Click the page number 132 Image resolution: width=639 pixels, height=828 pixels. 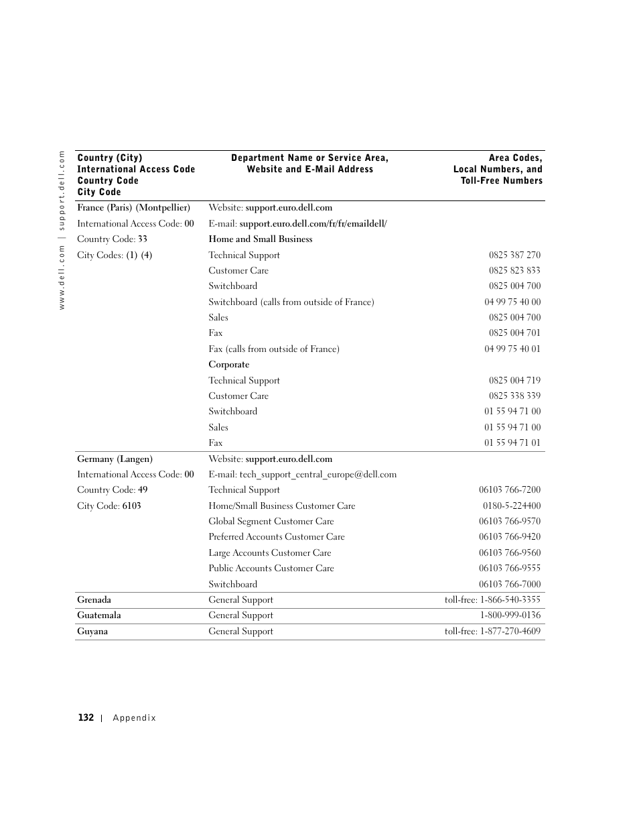point(86,717)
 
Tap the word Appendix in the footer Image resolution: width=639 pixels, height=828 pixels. point(134,718)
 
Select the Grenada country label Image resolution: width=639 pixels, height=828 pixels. point(94,600)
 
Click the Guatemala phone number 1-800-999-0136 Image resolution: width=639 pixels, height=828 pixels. point(510,615)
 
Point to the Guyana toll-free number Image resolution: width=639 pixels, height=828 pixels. point(492,632)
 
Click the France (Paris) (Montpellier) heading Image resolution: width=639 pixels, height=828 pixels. point(133,208)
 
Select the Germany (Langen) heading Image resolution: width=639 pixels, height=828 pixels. point(115,459)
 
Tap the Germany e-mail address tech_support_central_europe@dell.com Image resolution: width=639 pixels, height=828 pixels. point(317,475)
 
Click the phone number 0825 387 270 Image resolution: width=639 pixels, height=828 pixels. point(514,255)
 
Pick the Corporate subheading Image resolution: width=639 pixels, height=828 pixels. point(228,365)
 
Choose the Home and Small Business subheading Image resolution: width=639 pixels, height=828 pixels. point(260,239)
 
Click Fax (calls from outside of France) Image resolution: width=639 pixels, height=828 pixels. point(273,349)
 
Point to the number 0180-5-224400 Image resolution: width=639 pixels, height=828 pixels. point(511,506)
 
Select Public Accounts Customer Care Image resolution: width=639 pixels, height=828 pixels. point(271,569)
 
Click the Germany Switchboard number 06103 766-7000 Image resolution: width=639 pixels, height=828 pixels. point(509,585)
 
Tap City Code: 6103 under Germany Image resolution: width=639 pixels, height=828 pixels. point(109,506)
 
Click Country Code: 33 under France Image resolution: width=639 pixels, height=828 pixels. point(112,239)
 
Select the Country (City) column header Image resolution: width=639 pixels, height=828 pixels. point(110,158)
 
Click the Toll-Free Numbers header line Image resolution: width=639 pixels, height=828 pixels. point(501,181)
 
